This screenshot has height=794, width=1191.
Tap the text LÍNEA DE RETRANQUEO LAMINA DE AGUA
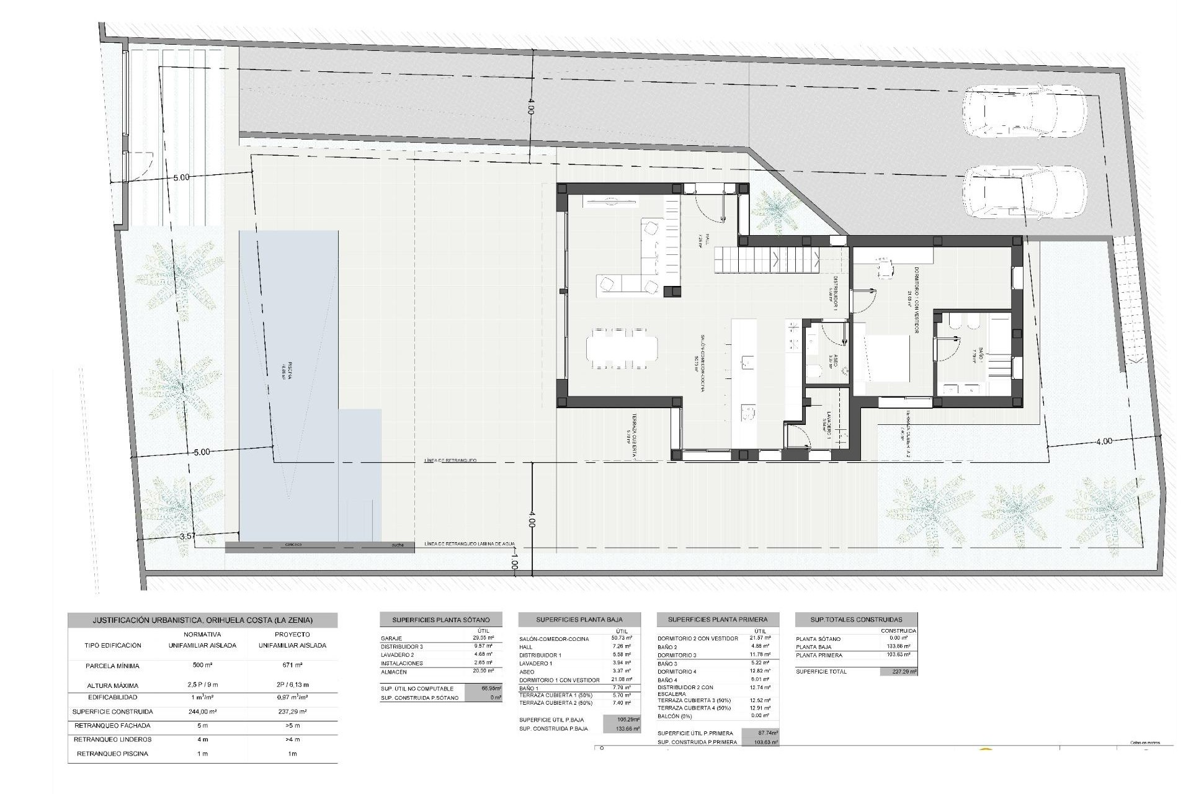coord(470,545)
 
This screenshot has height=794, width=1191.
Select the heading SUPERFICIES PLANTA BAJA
coord(579,619)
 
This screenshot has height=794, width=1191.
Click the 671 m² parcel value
coord(292,666)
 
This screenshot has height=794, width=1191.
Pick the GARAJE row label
coord(392,638)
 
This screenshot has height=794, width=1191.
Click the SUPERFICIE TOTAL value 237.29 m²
coord(898,672)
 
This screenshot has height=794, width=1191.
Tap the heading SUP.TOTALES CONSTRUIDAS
coord(855,619)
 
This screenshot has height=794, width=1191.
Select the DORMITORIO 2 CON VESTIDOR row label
coord(697,638)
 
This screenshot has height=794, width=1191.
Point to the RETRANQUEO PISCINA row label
coord(112,754)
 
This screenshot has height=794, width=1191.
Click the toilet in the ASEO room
coord(814,372)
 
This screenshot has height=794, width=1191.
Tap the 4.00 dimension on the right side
coord(1104,442)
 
